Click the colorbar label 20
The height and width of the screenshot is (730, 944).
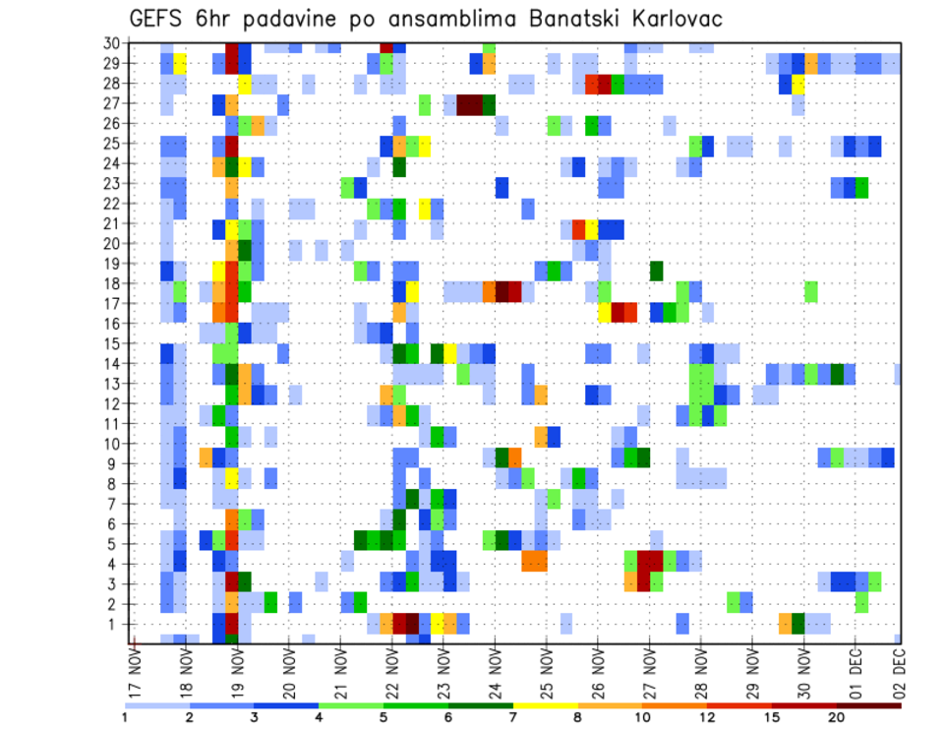pos(836,716)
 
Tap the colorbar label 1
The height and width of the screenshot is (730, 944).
pos(125,716)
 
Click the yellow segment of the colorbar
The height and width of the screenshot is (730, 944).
pos(545,704)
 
